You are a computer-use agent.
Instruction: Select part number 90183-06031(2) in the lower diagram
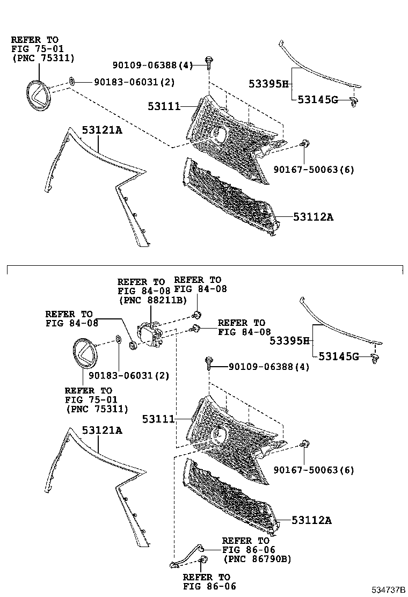pos(129,376)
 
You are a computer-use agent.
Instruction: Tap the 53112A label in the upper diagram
pos(314,217)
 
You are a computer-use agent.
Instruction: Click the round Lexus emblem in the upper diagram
pos(37,96)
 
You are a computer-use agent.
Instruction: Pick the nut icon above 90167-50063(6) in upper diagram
pos(304,143)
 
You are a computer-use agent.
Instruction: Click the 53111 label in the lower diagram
pos(158,418)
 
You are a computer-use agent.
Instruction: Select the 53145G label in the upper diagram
pos(318,99)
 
